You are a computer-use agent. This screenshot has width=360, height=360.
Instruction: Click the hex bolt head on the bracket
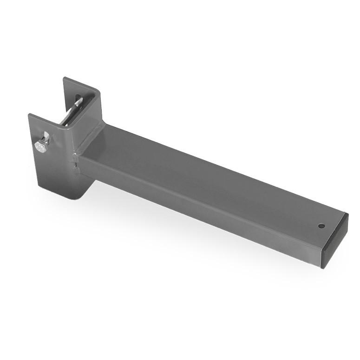coord(40,147)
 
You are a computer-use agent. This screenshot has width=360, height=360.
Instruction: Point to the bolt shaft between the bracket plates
coord(70,114)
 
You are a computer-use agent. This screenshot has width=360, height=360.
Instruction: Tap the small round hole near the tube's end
coord(321,226)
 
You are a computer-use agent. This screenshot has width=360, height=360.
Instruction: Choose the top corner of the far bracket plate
coord(64,78)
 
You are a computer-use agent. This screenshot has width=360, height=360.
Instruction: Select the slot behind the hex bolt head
coord(46,137)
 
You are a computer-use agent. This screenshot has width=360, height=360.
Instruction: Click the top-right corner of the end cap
coord(347,214)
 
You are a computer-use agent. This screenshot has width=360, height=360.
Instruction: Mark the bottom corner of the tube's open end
coord(321,267)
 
